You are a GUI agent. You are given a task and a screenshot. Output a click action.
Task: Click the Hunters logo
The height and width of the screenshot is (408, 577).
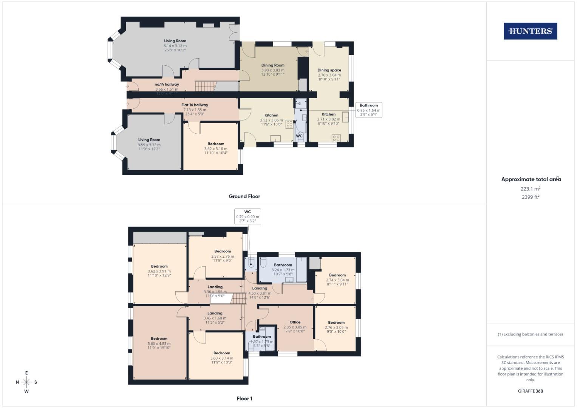coord(530,31)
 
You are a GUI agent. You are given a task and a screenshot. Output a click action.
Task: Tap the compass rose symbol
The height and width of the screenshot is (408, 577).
coord(26,382)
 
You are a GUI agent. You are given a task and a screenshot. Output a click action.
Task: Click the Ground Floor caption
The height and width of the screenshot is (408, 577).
coord(244,196)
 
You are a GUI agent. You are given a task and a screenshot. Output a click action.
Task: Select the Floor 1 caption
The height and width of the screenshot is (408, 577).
coord(244,399)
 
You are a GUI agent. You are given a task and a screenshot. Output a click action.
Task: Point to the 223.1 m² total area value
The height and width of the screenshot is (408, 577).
coord(530,189)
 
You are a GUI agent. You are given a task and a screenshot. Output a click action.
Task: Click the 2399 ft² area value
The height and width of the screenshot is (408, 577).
coord(530,197)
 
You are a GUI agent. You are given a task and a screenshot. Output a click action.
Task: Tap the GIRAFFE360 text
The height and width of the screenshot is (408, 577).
coord(530,391)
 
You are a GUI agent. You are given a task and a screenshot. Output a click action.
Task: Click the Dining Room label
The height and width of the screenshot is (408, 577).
coord(273,65)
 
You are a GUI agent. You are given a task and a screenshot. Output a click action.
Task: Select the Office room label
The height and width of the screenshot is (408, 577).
coord(295,322)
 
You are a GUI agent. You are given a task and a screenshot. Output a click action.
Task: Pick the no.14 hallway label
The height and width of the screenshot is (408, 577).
coord(167,84)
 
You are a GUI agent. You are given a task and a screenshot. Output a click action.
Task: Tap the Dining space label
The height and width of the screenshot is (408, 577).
coord(329,70)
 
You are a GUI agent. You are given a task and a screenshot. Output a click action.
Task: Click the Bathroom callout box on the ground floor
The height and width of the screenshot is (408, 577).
coord(368,110)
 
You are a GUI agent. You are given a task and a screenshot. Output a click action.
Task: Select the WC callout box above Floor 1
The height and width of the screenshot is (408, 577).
coord(248,216)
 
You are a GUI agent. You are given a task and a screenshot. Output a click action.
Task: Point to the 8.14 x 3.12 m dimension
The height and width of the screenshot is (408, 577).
coord(175,46)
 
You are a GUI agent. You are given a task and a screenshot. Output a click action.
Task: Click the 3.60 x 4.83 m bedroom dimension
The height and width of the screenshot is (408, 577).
coord(159,343)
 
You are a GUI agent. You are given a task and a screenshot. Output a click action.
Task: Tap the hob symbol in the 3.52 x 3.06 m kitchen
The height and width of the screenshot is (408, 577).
coord(289,124)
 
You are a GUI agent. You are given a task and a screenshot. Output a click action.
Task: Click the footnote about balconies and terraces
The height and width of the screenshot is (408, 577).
coord(530,334)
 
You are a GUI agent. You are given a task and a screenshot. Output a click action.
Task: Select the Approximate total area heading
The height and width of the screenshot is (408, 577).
coord(531,179)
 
